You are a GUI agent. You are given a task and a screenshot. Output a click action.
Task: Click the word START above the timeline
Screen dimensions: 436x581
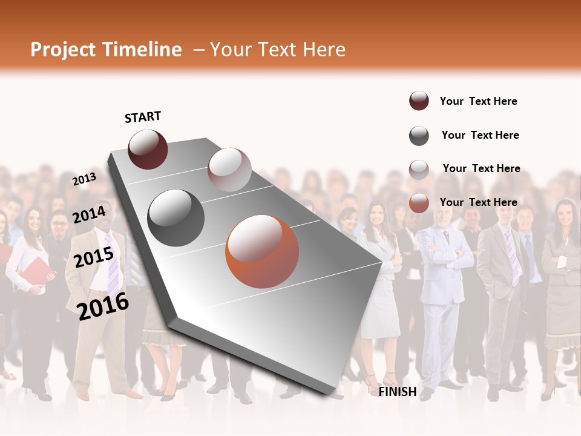point(143,117)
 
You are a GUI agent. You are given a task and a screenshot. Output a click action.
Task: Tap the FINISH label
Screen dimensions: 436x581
point(397,392)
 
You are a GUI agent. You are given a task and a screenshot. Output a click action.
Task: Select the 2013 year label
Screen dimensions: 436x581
point(84,179)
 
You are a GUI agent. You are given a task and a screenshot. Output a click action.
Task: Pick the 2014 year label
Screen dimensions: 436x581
point(89,214)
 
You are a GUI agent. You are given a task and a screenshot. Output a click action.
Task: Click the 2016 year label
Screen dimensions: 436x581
point(103,306)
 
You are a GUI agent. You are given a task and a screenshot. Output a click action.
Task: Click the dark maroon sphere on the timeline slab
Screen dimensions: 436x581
point(148,149)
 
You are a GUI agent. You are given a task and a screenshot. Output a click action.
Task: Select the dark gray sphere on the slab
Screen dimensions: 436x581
point(176,218)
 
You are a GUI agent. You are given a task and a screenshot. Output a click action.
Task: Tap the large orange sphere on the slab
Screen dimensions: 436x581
point(262,251)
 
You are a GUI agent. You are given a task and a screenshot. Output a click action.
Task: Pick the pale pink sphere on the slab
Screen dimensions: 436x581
point(229,170)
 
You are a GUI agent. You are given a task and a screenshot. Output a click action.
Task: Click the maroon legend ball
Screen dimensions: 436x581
point(419,101)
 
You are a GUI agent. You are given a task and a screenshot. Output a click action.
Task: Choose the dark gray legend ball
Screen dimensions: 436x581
point(419,136)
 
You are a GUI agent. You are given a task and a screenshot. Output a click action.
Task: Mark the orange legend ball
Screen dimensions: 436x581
point(419,203)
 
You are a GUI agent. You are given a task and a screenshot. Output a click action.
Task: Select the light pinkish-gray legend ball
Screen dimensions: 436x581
point(419,169)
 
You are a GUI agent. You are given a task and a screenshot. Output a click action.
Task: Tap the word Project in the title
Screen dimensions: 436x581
point(63,50)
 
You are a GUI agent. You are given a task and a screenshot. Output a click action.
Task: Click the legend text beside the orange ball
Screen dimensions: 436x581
point(478,202)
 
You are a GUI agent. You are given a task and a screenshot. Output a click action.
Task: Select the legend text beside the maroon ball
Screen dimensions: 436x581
point(478,101)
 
